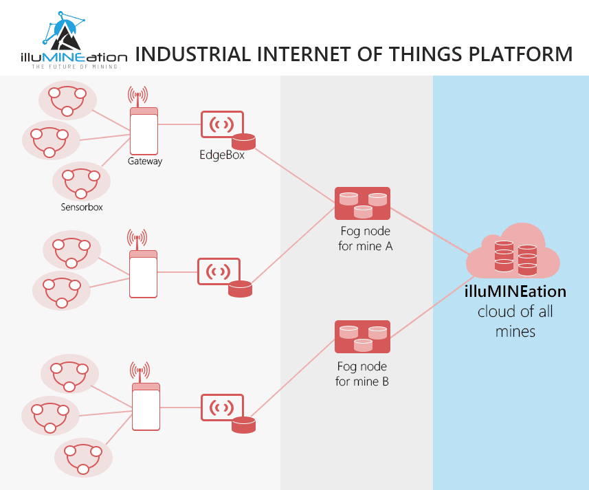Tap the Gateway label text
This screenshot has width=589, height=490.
[x=145, y=162]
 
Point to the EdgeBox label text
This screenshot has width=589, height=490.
[x=222, y=155]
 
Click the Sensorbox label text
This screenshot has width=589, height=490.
[x=82, y=207]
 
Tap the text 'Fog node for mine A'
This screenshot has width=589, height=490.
[x=366, y=238]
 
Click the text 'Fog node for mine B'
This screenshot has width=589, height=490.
[x=362, y=373]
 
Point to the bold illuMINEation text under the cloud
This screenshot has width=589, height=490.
[x=515, y=291]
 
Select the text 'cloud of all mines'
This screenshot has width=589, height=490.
[x=515, y=322]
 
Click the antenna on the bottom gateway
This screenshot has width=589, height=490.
[x=140, y=371]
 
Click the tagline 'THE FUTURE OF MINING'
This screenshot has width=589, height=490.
[x=75, y=66]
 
